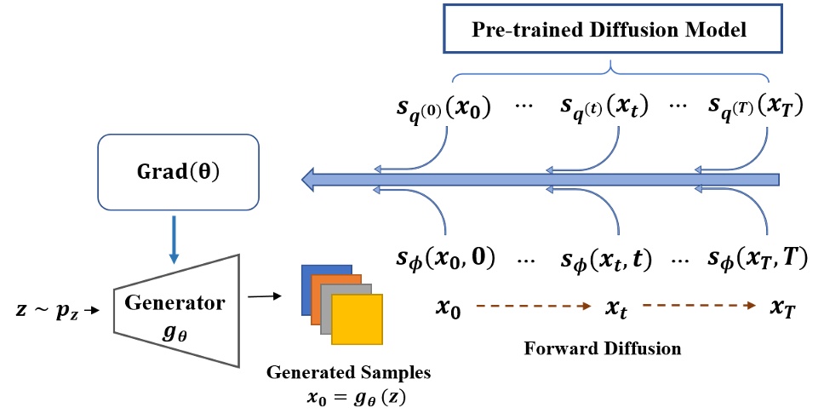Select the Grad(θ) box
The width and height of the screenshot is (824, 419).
tap(178, 172)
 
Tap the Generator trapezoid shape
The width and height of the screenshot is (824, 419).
tap(176, 312)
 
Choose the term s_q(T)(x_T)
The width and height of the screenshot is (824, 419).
tap(756, 109)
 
